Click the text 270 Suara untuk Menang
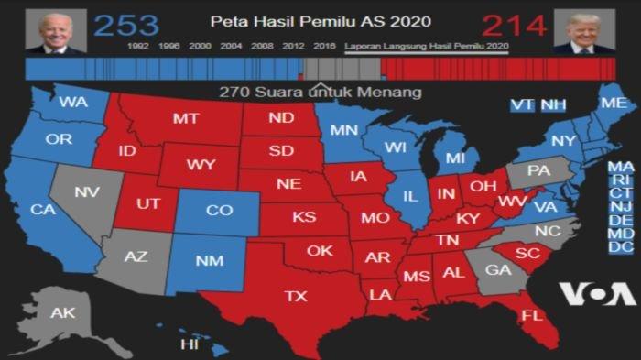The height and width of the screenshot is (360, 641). [x=320, y=93]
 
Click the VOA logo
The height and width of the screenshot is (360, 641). [x=597, y=293]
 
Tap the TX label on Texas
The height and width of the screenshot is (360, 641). [x=296, y=296]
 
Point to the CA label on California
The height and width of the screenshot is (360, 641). [x=42, y=210]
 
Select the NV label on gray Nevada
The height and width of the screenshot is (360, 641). [x=87, y=192]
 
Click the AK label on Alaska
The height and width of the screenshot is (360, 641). [x=62, y=313]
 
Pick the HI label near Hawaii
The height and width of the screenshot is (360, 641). [x=190, y=344]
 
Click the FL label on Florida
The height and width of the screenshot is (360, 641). [x=532, y=316]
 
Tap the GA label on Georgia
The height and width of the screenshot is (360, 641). [x=498, y=270]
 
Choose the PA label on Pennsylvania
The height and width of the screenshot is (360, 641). [x=539, y=170]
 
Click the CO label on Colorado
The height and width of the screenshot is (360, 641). [x=218, y=211]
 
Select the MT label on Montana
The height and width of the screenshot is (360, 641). [x=187, y=118]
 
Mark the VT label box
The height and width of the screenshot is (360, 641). [x=522, y=105]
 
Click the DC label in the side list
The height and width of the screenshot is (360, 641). [x=621, y=247]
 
